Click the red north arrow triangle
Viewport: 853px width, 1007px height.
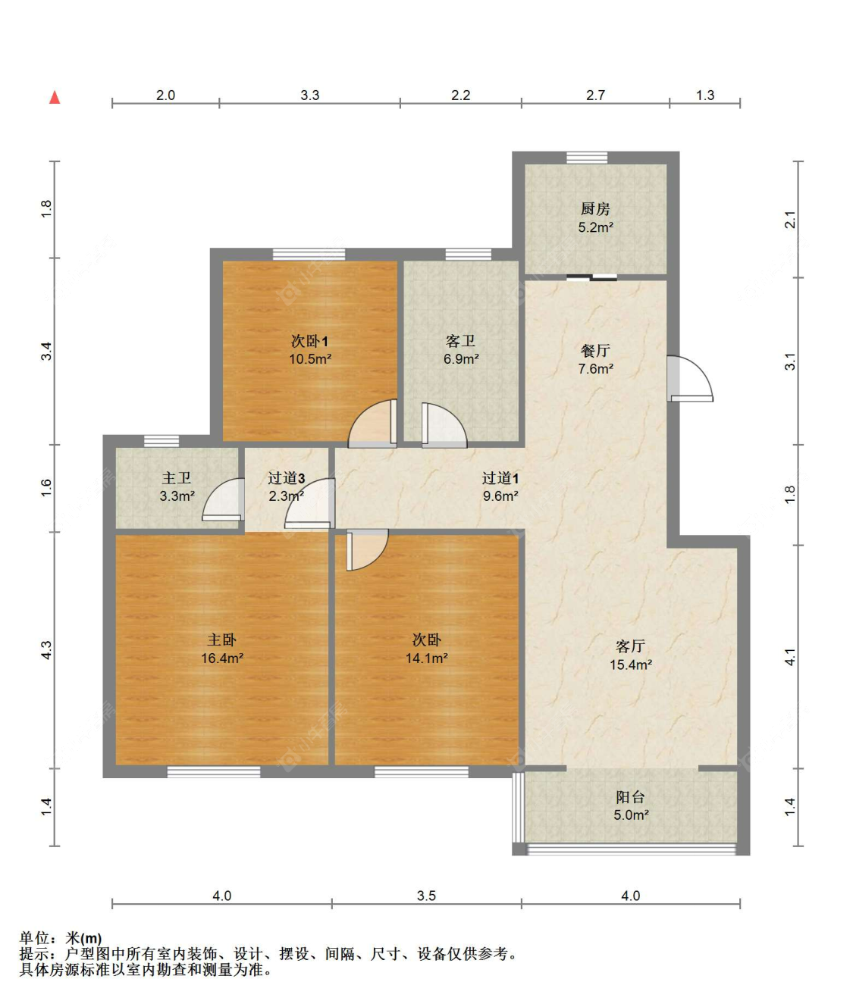(55, 98)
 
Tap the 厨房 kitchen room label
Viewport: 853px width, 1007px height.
(595, 209)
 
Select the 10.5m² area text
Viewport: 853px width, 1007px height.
(310, 359)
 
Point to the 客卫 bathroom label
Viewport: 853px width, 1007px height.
(460, 341)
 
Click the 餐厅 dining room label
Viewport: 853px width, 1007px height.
(595, 351)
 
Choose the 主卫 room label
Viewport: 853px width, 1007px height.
(177, 478)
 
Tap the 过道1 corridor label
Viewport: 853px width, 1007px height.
(500, 478)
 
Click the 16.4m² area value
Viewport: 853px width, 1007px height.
(222, 658)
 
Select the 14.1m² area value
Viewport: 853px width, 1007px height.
(426, 658)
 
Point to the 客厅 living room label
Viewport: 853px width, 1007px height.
(630, 646)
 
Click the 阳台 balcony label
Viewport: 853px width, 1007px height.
(630, 797)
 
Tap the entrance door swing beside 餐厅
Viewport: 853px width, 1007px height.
(690, 379)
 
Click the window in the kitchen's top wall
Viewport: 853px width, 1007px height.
(587, 158)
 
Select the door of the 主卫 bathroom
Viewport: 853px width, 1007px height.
(223, 500)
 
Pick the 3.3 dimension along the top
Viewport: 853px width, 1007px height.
(310, 95)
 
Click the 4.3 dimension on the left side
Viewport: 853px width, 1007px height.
(45, 650)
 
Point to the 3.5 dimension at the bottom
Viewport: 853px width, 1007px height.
(426, 896)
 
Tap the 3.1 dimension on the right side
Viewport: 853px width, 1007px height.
(789, 361)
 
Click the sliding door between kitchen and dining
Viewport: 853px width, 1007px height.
(591, 277)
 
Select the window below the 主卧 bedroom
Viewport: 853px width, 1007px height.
(214, 771)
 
